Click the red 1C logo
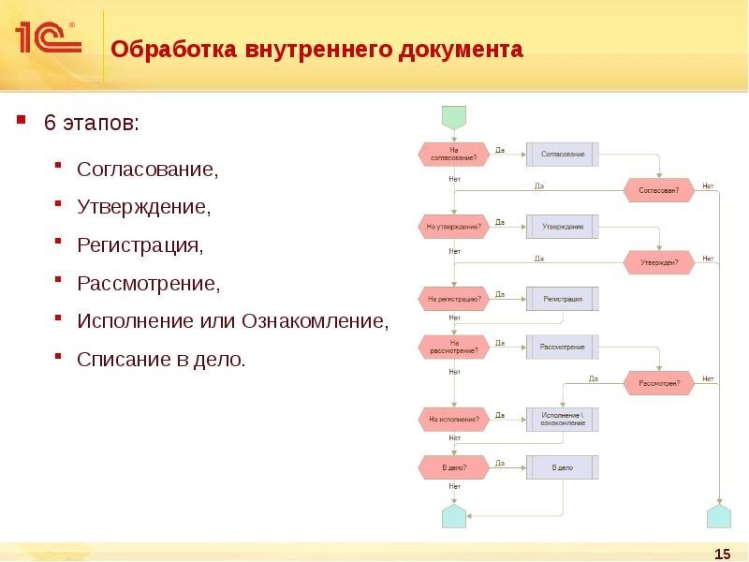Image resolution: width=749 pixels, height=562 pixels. pyautogui.click(x=47, y=37)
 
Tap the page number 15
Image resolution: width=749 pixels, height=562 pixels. pyautogui.click(x=722, y=554)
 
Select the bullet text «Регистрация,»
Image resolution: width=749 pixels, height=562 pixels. pyautogui.click(x=140, y=245)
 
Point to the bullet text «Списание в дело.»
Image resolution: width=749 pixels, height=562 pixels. pyautogui.click(x=161, y=359)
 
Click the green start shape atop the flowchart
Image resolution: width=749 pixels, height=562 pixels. pyautogui.click(x=454, y=117)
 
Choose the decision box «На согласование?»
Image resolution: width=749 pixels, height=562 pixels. pyautogui.click(x=454, y=154)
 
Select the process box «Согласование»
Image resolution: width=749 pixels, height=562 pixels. pyautogui.click(x=562, y=154)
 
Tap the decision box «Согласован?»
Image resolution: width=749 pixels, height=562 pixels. pyautogui.click(x=659, y=190)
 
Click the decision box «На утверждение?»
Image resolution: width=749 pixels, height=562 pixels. pyautogui.click(x=454, y=227)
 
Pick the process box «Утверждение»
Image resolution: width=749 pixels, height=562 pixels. pyautogui.click(x=562, y=227)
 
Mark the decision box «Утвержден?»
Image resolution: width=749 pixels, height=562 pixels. pyautogui.click(x=659, y=263)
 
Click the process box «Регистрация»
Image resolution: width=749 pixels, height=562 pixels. pyautogui.click(x=562, y=300)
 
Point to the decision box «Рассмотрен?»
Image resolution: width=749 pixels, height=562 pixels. pyautogui.click(x=659, y=383)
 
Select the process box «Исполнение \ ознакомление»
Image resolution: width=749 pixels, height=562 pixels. pyautogui.click(x=562, y=420)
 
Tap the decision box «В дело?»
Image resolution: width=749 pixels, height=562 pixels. pyautogui.click(x=454, y=466)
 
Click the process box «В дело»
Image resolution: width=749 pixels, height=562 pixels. pyautogui.click(x=562, y=466)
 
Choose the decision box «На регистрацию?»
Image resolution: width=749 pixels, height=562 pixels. pyautogui.click(x=454, y=300)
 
